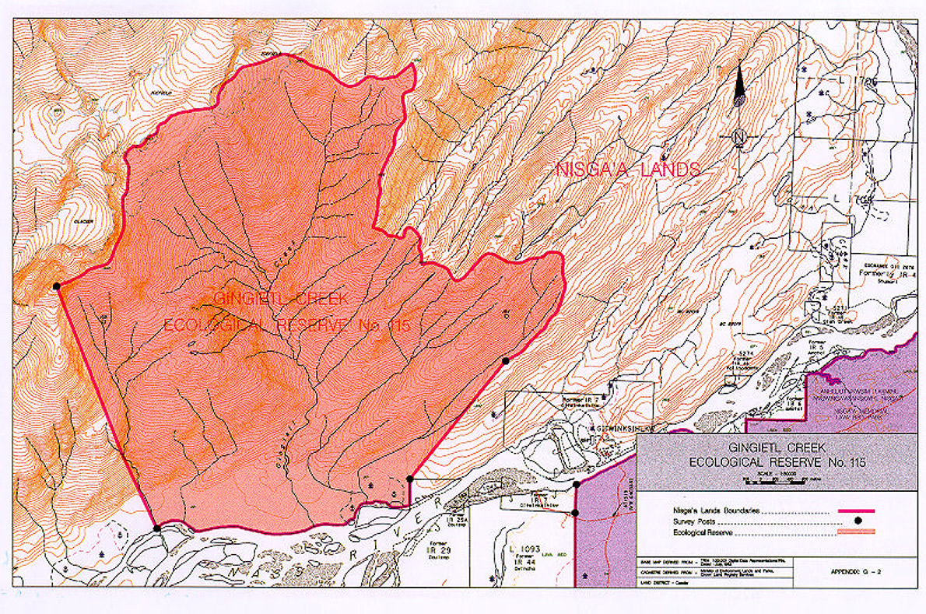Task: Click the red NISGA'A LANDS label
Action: tap(628, 170)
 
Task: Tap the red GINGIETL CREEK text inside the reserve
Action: tap(282, 299)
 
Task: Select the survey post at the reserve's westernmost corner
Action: tap(56, 286)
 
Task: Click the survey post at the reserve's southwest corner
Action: tap(157, 528)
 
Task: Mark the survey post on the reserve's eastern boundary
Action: tap(505, 360)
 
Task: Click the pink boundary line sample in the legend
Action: tap(854, 510)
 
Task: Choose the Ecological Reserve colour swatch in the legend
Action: tap(854, 532)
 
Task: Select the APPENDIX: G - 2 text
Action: tap(854, 571)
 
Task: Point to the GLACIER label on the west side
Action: tap(83, 222)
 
